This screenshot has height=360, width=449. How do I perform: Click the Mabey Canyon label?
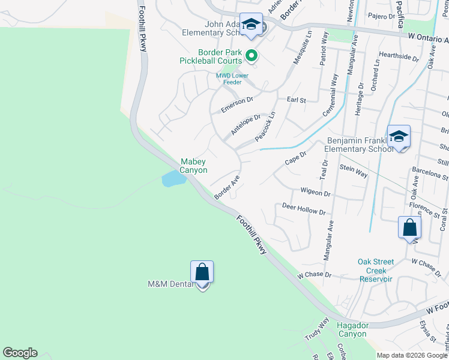click(194, 166)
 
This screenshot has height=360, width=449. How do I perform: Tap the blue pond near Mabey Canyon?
click(172, 178)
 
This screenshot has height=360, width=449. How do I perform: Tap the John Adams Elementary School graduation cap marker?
click(251, 25)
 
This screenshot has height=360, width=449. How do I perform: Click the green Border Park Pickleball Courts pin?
click(252, 56)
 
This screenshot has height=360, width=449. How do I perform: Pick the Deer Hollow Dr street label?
click(303, 209)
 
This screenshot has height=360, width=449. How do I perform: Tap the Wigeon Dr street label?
click(315, 193)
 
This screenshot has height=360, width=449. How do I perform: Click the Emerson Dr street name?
click(237, 106)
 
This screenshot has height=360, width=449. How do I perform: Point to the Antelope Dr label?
click(246, 125)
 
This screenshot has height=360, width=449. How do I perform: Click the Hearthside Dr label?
click(399, 56)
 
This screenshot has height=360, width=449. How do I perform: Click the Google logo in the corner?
click(20, 353)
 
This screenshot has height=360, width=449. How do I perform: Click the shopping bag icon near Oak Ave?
click(409, 227)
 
